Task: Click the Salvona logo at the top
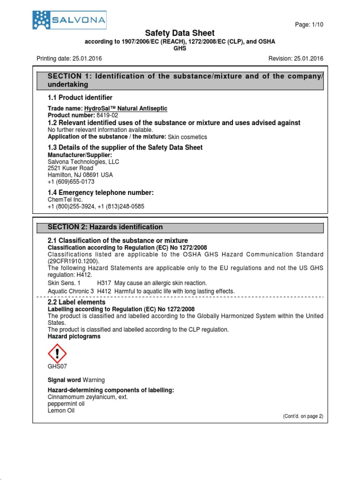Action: pos(69,21)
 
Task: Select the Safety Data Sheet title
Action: pos(180,33)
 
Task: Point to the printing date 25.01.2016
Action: pos(86,59)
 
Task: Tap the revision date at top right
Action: pos(308,59)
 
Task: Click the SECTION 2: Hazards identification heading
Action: pos(105,227)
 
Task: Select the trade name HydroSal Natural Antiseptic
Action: pos(129,108)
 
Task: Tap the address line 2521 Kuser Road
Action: pos(70,168)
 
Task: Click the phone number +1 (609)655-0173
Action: pos(71,181)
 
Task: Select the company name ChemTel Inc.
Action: pos(65,200)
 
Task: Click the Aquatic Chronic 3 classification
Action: pos(71,291)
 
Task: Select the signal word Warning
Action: pos(94,380)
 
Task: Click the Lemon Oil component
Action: pos(61,410)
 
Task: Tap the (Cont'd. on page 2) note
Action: pos(303,416)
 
